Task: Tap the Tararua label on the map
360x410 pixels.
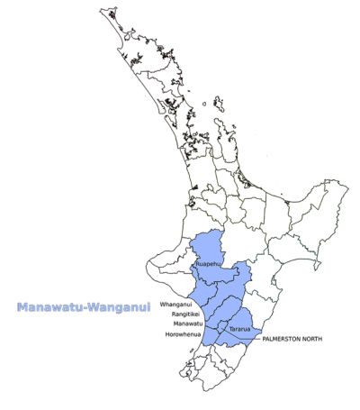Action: pos(239,330)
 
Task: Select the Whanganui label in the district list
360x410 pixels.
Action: pos(176,305)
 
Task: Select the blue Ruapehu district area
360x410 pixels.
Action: pos(212,248)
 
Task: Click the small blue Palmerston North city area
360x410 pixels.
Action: pos(225,333)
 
